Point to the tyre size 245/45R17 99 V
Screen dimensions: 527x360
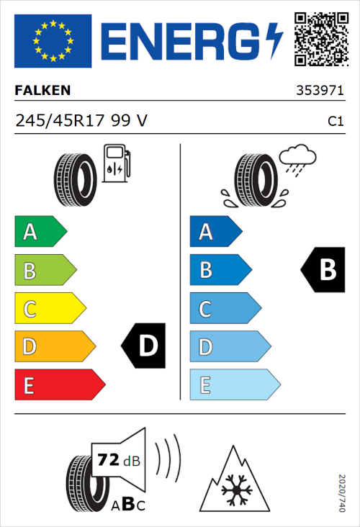(x=81, y=121)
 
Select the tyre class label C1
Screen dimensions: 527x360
(x=335, y=122)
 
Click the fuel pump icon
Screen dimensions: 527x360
(x=116, y=163)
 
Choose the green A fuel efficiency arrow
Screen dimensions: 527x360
(x=40, y=232)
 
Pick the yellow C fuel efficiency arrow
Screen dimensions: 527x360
(x=49, y=309)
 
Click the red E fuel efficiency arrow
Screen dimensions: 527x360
(x=59, y=385)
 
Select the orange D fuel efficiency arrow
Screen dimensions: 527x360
(x=54, y=347)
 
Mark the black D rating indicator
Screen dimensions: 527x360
(x=144, y=346)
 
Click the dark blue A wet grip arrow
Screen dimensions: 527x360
(x=215, y=232)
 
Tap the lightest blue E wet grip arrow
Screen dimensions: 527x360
(x=234, y=385)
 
